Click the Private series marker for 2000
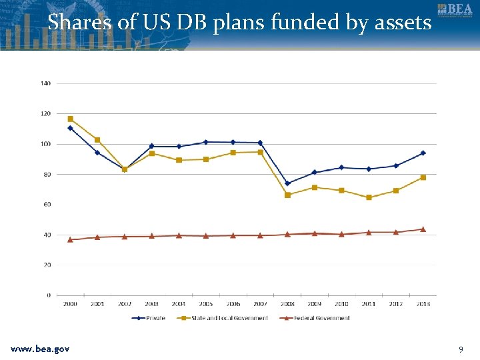[70, 128]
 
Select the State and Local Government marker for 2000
[70, 119]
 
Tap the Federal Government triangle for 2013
[423, 229]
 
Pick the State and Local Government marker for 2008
[287, 195]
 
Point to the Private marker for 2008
[287, 183]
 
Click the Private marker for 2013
[423, 153]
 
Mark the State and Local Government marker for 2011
[369, 197]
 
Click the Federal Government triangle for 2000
[70, 239]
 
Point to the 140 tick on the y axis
[45, 83]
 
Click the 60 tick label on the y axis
[47, 205]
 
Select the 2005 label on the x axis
[206, 304]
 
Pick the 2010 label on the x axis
[341, 304]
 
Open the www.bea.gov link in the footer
[40, 349]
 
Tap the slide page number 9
[461, 349]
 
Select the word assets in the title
[402, 23]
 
